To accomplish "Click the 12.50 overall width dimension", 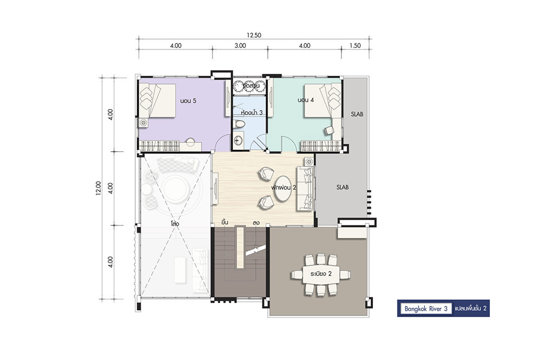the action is coord(254,35).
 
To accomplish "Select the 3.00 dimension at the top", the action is coord(240,46).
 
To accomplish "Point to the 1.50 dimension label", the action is coord(355,46).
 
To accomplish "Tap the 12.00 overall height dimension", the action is coord(99,188).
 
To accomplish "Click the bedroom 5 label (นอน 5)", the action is coord(188,101).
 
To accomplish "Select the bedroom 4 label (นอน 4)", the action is coord(306,100).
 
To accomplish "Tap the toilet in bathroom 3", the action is coord(240,124).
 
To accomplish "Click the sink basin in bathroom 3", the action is coord(238,140).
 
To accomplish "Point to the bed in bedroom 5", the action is coord(157,100).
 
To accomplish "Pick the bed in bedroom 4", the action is coord(322,100).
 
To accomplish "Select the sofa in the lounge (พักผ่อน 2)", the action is coord(306,188).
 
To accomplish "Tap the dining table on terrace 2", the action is coord(321,274).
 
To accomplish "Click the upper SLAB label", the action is coord(357,114).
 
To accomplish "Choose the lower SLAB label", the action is coord(343,187).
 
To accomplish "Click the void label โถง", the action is coord(175,224).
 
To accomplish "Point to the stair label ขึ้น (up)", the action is coord(224,222).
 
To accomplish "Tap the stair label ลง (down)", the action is coord(256,223).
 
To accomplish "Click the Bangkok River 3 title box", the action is coord(426,308).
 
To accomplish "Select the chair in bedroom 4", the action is coord(329,130).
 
